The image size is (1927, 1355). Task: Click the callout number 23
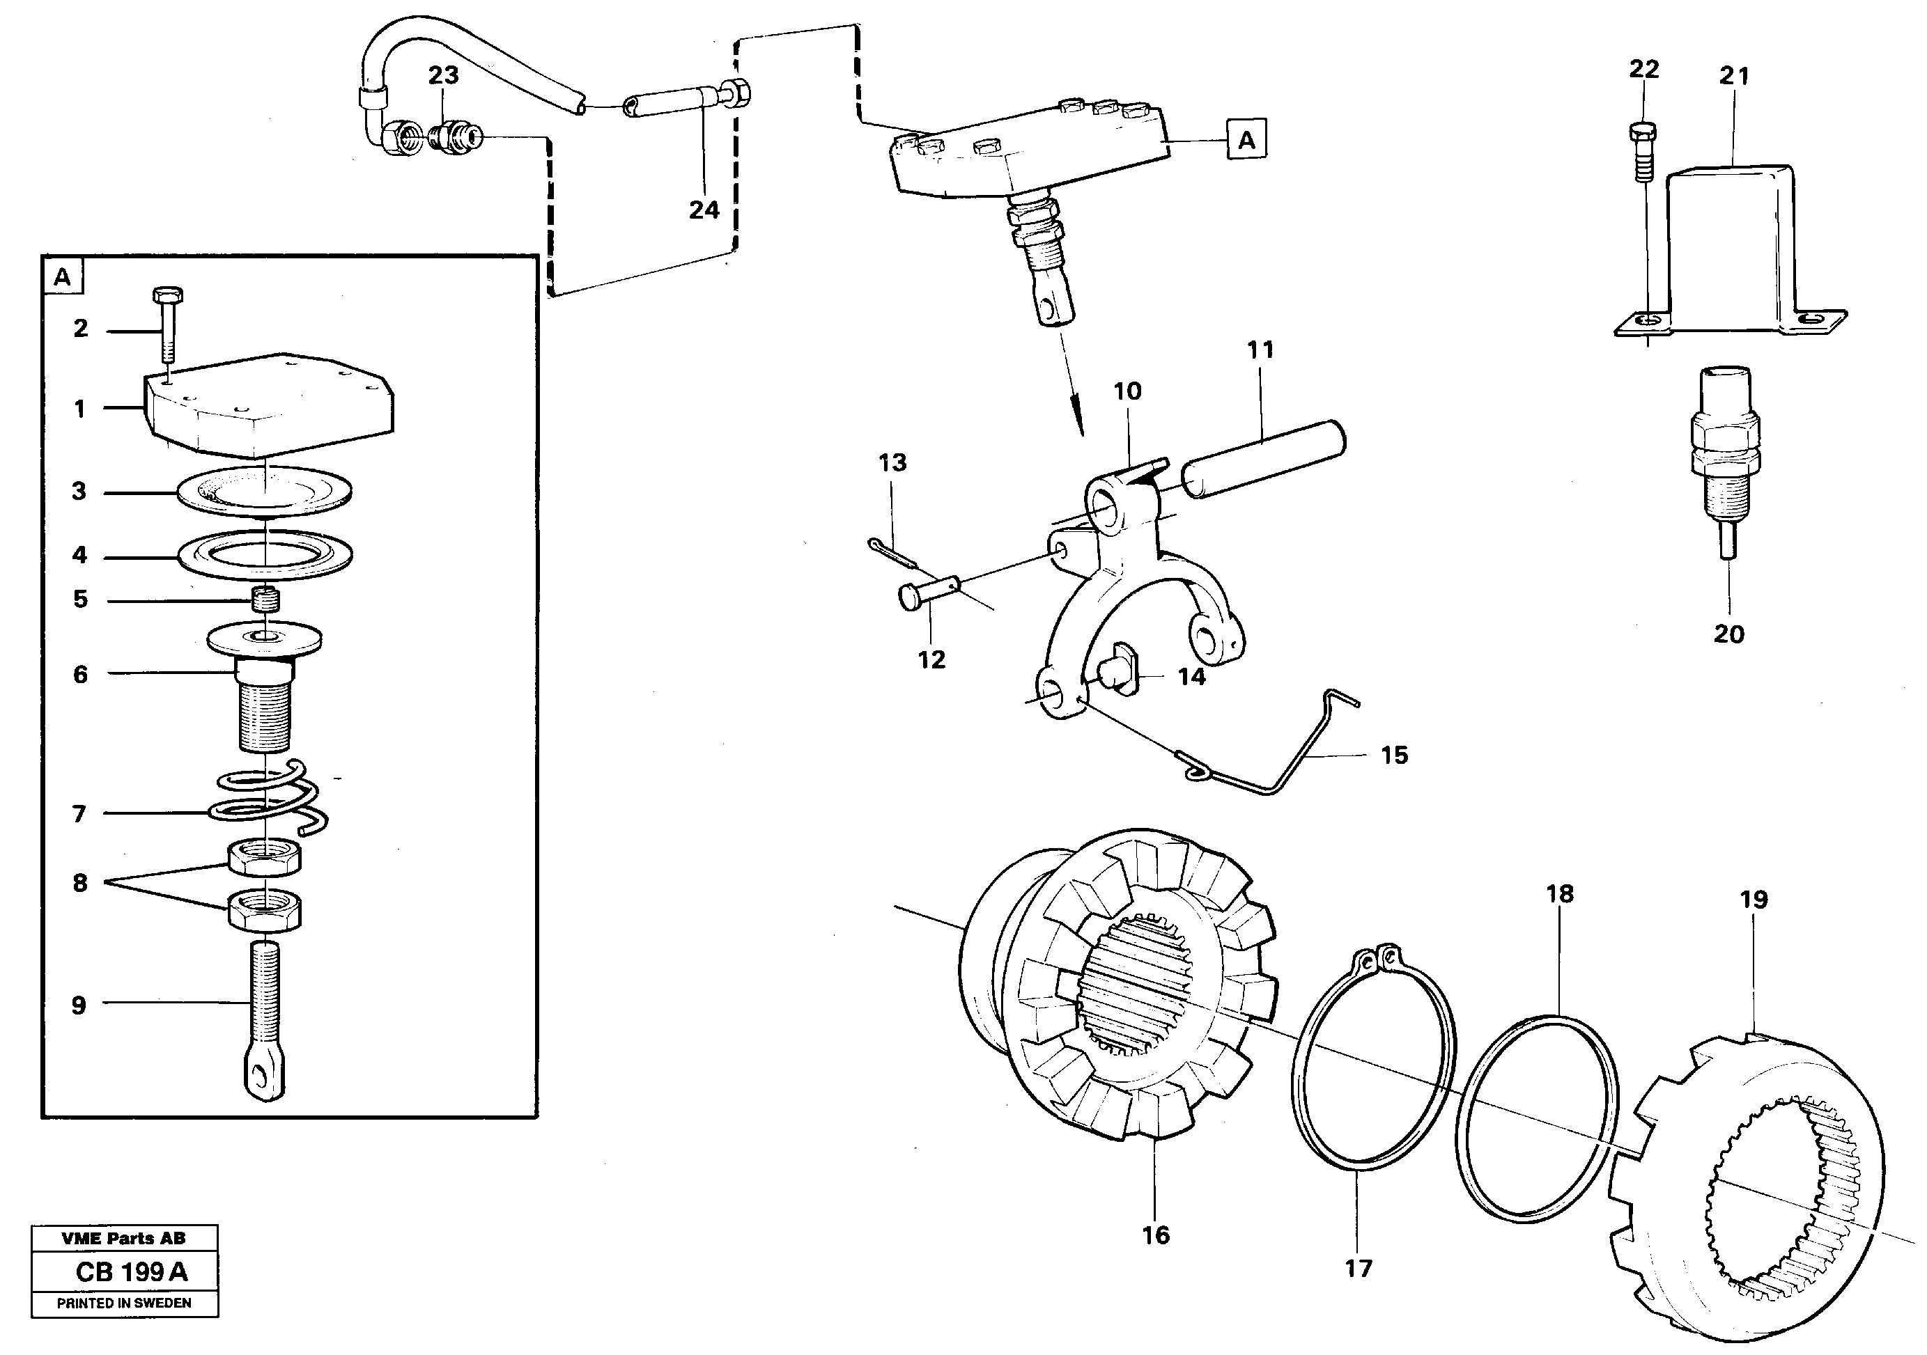tap(443, 75)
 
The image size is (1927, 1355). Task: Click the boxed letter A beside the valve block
tap(1246, 139)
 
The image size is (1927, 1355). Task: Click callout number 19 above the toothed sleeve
tap(1754, 900)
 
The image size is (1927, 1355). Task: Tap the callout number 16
tap(1155, 1235)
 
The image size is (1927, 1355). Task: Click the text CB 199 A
tap(132, 1272)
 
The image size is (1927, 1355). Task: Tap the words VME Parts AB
tap(123, 1237)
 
